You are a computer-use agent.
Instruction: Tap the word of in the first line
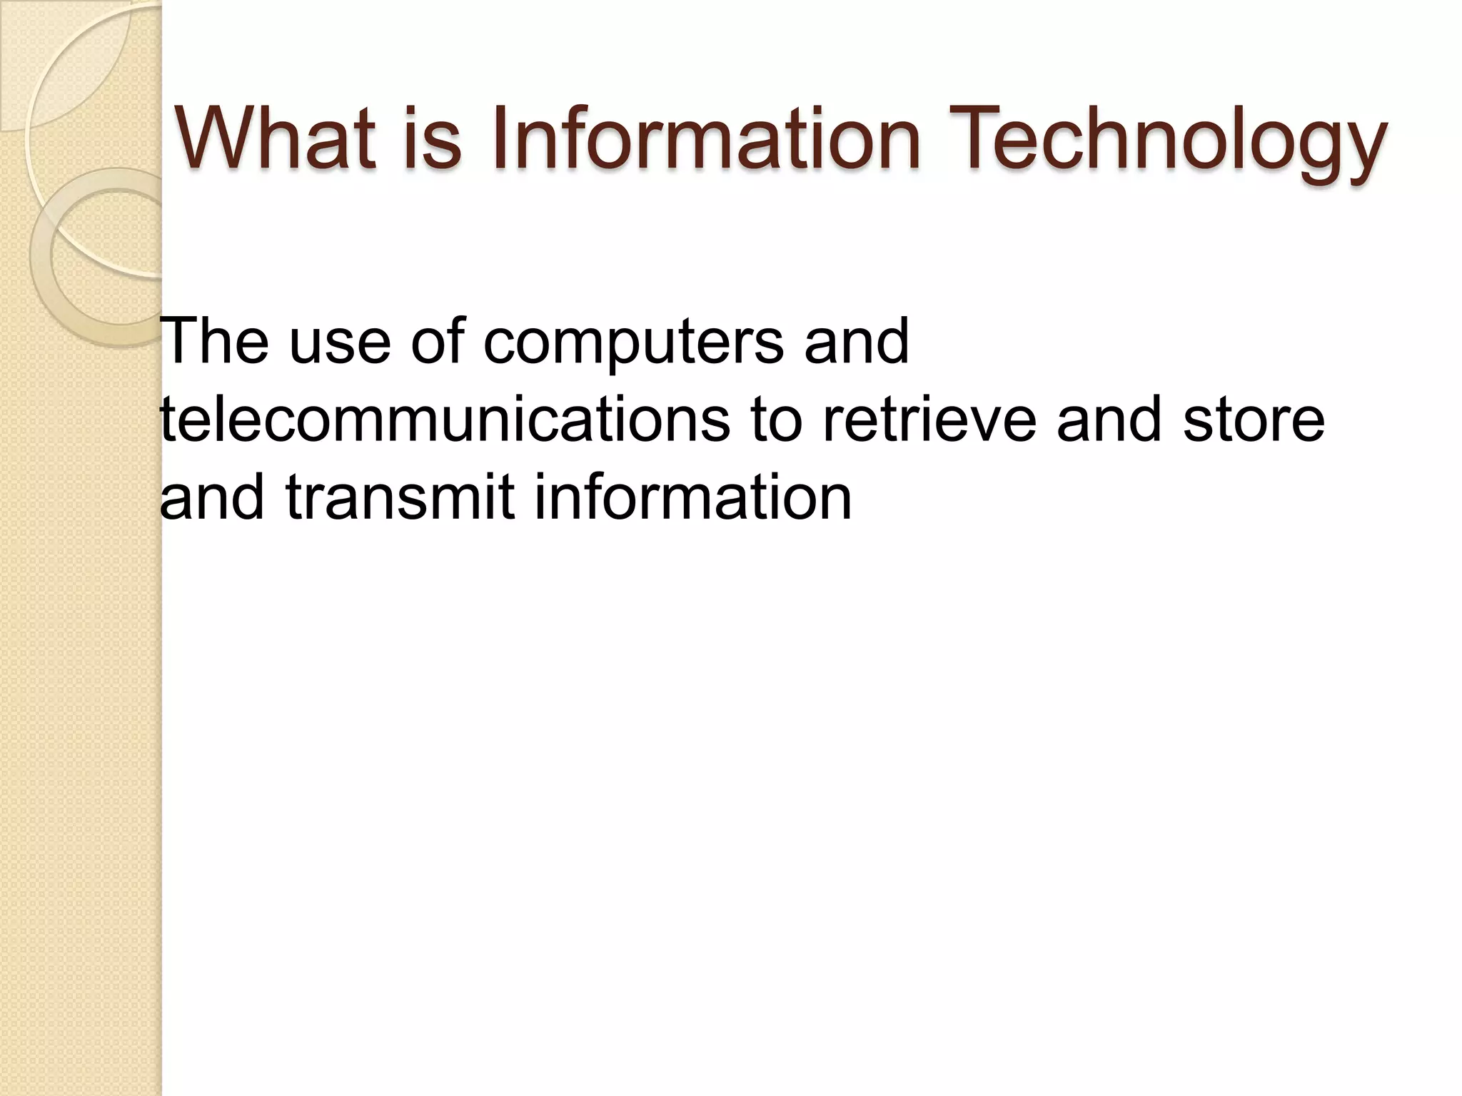point(437,342)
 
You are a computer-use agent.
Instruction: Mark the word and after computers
point(857,342)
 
